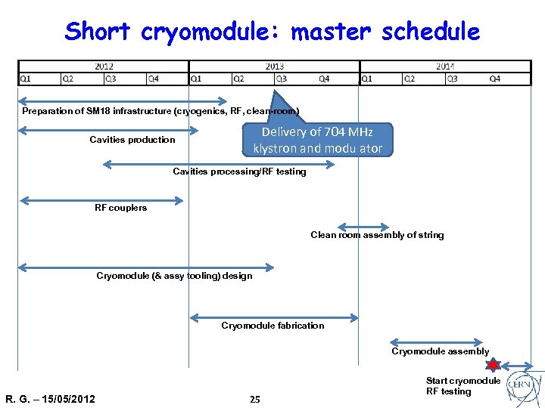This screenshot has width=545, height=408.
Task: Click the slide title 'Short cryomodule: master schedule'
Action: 272,32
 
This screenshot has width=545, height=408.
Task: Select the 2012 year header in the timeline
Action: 104,66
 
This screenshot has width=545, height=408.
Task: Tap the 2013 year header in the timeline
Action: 274,66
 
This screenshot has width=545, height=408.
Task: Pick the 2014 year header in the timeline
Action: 445,66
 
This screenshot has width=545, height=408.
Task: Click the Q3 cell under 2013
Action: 281,79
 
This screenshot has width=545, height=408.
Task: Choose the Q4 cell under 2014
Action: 494,79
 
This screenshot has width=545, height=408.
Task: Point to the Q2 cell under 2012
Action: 68,79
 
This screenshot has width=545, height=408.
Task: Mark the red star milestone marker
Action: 493,366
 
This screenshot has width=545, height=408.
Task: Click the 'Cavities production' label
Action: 132,140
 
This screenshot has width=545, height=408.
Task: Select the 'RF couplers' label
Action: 120,208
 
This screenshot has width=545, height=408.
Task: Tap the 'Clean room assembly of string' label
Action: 377,235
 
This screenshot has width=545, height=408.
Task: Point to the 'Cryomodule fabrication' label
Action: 272,326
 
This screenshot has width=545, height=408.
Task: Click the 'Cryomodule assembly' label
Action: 440,351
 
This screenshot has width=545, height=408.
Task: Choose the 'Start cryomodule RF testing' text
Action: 462,386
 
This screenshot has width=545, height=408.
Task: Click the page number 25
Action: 255,399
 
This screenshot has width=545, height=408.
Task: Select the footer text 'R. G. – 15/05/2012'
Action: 50,399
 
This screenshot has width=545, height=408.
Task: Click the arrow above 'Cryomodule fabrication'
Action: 273,317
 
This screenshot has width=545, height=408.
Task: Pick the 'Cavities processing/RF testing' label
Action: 239,172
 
